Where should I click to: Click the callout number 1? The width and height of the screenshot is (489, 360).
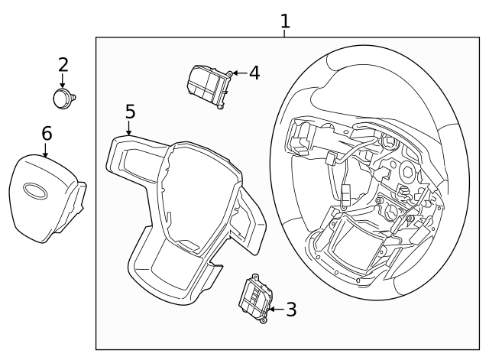(x=285, y=21)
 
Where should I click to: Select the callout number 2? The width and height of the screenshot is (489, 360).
(x=63, y=64)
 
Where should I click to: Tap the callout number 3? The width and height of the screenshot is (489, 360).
(x=290, y=310)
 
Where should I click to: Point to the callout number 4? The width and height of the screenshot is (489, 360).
(x=254, y=73)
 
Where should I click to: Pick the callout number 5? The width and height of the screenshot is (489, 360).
(x=130, y=112)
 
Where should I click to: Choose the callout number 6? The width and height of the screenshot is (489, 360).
(x=47, y=133)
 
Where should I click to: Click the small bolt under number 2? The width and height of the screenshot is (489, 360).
(x=63, y=97)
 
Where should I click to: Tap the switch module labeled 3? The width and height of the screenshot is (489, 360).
(x=257, y=298)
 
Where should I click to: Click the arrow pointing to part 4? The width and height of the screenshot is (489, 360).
(x=238, y=73)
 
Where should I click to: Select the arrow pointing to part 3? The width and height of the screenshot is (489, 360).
(x=275, y=310)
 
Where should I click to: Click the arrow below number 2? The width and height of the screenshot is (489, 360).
(x=63, y=82)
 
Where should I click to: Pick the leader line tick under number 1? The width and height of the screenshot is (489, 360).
(x=285, y=34)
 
